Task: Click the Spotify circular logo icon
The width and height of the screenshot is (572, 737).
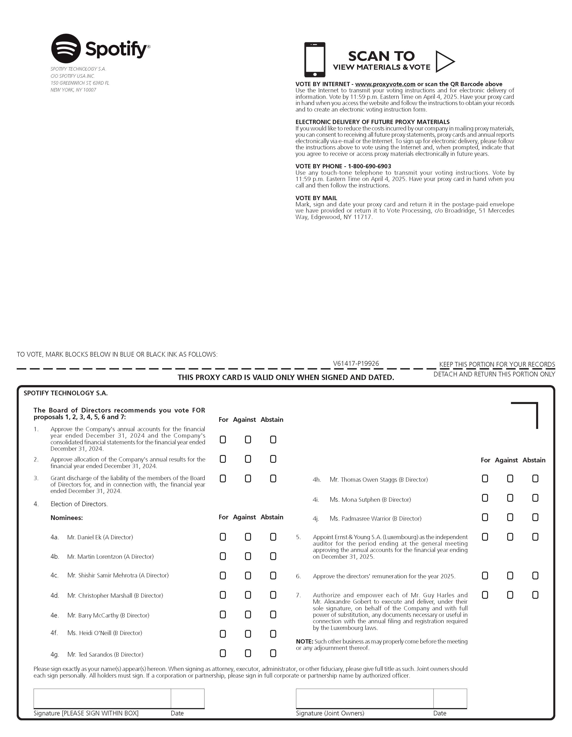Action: [x=66, y=49]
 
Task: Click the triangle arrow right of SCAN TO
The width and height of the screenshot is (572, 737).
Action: [x=444, y=61]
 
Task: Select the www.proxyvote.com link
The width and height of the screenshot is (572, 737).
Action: [x=385, y=84]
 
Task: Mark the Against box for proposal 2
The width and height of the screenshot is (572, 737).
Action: [x=248, y=459]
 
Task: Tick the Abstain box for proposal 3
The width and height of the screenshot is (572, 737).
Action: [x=273, y=479]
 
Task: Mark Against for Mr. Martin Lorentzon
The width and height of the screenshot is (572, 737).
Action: [x=248, y=556]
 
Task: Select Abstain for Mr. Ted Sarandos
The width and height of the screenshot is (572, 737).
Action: [x=273, y=653]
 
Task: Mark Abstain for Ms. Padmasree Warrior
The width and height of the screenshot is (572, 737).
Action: [x=535, y=517]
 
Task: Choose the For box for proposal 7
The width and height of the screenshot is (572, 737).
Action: [x=485, y=595]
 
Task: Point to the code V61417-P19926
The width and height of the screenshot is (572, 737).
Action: [x=356, y=363]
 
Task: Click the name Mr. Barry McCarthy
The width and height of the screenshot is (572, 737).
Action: [x=108, y=615]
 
